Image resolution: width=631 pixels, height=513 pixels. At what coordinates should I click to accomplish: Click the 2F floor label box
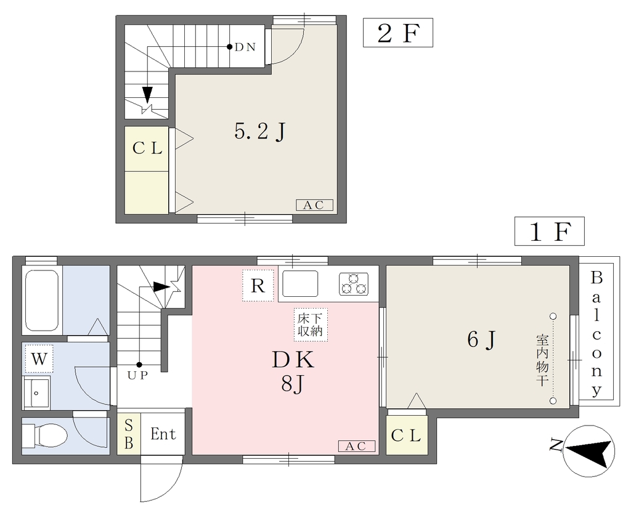398,33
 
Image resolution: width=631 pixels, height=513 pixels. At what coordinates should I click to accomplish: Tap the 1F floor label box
549,231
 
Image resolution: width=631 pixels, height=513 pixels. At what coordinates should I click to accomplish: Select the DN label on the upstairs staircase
245,47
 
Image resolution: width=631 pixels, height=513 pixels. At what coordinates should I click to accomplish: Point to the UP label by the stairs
138,376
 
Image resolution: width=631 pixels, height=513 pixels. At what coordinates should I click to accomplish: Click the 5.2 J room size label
260,131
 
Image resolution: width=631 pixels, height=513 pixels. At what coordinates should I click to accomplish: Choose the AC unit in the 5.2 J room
314,205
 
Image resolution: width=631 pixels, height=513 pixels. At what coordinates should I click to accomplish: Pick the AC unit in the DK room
357,446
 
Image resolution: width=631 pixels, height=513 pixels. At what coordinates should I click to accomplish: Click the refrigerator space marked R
258,286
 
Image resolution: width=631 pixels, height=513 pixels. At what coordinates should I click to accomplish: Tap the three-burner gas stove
353,284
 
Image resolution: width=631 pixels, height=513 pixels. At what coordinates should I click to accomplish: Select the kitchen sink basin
300,284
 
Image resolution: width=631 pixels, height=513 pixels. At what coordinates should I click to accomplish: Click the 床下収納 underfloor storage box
311,325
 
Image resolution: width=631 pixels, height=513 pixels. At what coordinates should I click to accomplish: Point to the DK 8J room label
293,371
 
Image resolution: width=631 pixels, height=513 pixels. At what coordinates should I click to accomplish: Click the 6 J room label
481,340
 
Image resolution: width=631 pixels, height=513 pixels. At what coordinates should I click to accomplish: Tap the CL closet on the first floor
407,435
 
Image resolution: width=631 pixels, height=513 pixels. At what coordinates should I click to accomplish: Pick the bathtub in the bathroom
42,300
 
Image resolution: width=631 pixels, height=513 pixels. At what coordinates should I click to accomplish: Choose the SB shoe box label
129,434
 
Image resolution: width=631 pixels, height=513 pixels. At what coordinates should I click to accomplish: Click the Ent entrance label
163,434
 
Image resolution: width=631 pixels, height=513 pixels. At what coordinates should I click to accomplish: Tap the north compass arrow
590,451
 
